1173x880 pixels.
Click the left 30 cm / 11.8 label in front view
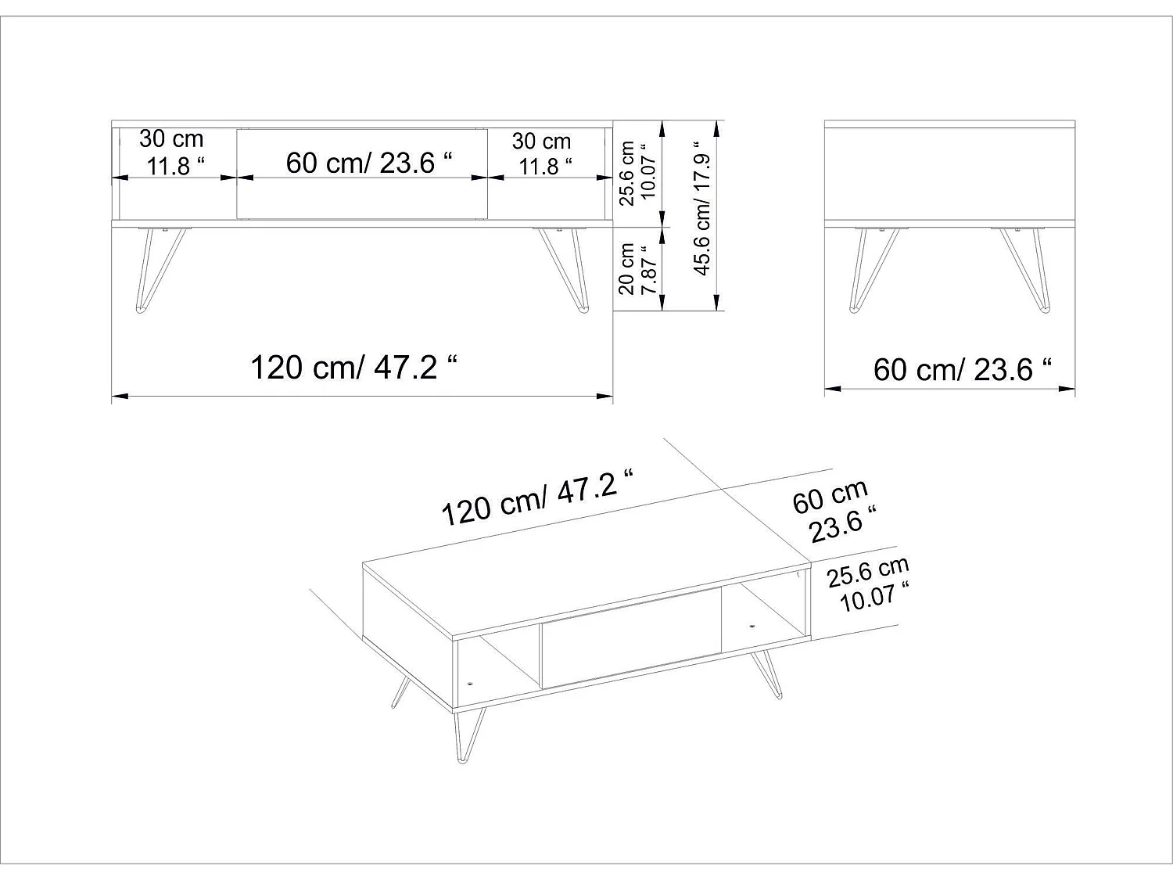click(x=172, y=152)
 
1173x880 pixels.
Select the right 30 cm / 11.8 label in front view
click(x=541, y=153)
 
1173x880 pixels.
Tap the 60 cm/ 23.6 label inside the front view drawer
click(x=369, y=163)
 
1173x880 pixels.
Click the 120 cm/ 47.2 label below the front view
click(x=353, y=366)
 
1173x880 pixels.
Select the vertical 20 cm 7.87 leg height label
click(x=636, y=268)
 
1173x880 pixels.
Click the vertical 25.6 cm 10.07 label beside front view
click(x=636, y=173)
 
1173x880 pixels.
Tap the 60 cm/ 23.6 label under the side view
click(x=961, y=368)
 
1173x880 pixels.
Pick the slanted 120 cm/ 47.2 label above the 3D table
click(x=536, y=498)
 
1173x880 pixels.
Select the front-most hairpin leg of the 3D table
click(x=467, y=732)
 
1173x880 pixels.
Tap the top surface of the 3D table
click(x=586, y=580)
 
